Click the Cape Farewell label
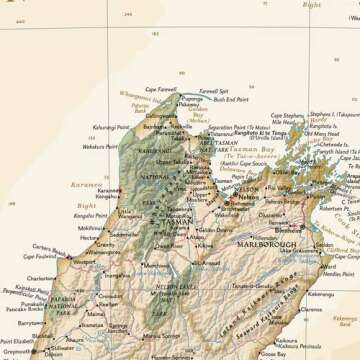(x=160, y=89)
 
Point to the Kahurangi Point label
(x=112, y=129)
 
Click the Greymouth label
(x=17, y=353)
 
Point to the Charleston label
(x=42, y=278)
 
